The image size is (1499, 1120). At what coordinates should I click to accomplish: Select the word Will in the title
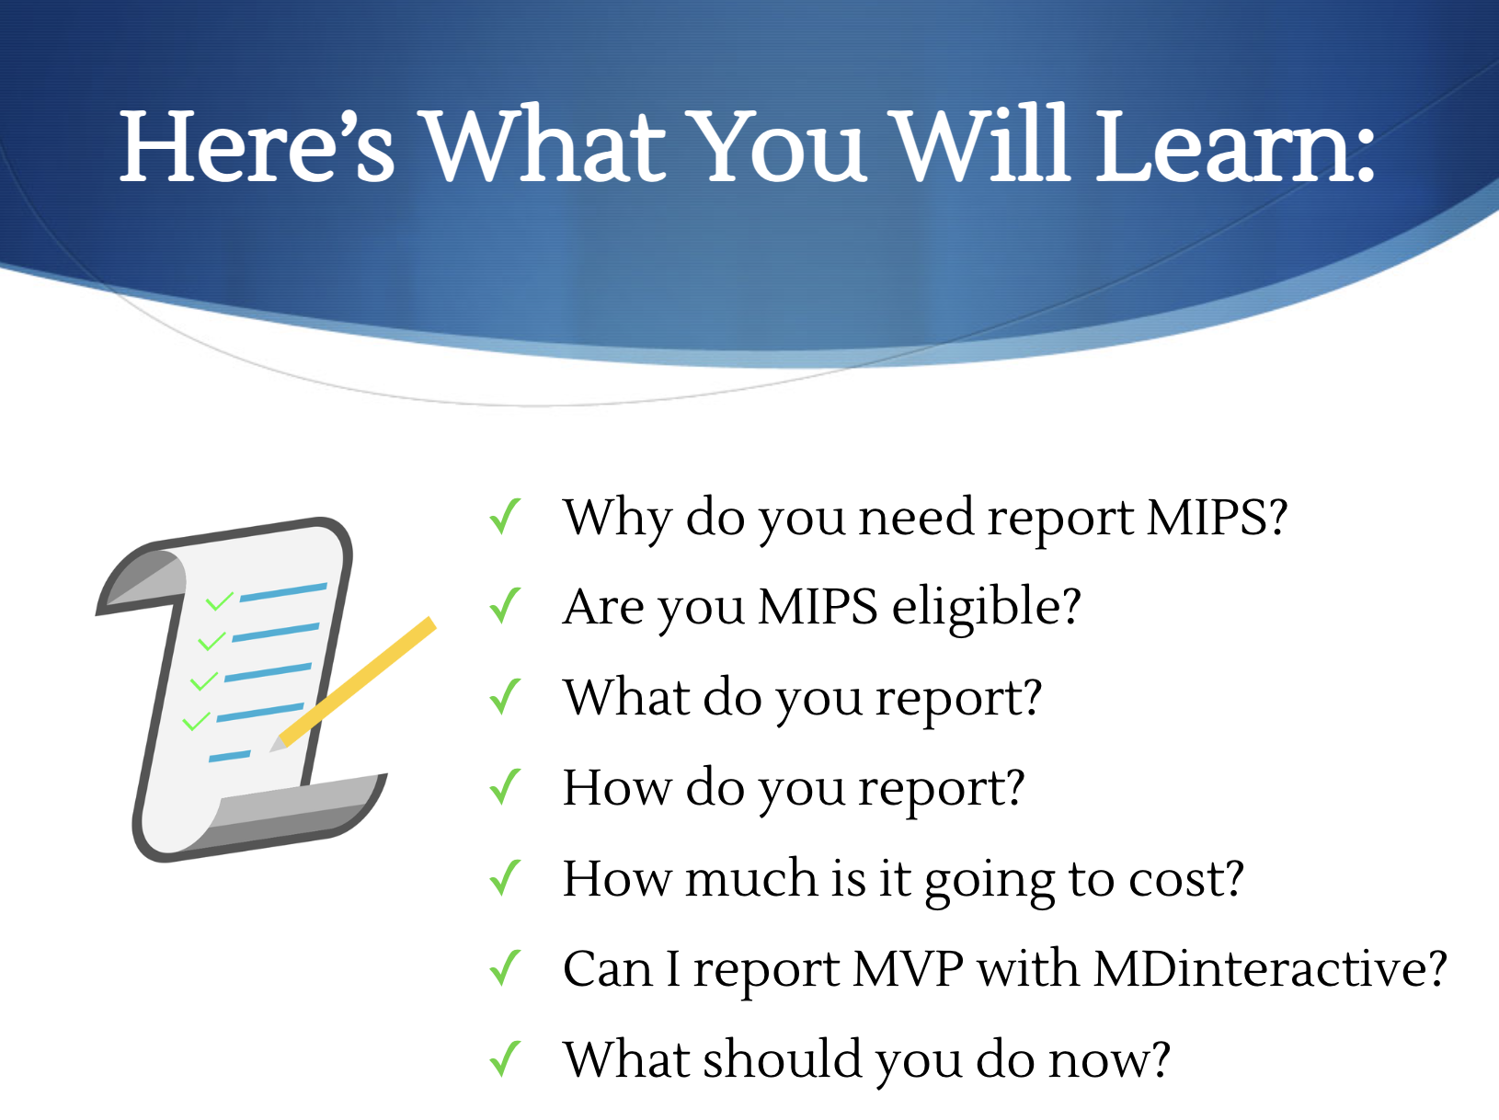(980, 143)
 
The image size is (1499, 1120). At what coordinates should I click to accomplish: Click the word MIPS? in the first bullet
(1217, 518)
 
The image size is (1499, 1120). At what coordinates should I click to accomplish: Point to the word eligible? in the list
(986, 608)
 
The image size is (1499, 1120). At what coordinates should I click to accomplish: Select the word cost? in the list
(1186, 878)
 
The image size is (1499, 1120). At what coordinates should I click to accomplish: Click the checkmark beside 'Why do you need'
(506, 517)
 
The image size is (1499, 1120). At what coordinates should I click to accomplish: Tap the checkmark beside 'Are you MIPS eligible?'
(506, 606)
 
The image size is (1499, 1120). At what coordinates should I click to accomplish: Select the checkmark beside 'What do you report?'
(506, 697)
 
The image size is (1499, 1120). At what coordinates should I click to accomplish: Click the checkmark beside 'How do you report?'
(506, 787)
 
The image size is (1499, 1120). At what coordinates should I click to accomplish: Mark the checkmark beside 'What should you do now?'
(506, 1058)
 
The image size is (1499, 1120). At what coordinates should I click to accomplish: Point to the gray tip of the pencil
(278, 745)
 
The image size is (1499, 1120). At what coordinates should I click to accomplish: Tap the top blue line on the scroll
(283, 592)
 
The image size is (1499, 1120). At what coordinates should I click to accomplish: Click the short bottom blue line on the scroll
(230, 756)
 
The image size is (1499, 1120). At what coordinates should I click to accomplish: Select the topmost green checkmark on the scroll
(219, 601)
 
